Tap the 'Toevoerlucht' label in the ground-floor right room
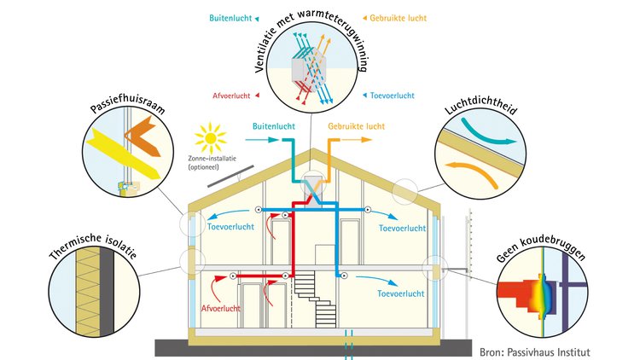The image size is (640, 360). click(401, 293)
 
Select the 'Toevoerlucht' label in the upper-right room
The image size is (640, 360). click(401, 229)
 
